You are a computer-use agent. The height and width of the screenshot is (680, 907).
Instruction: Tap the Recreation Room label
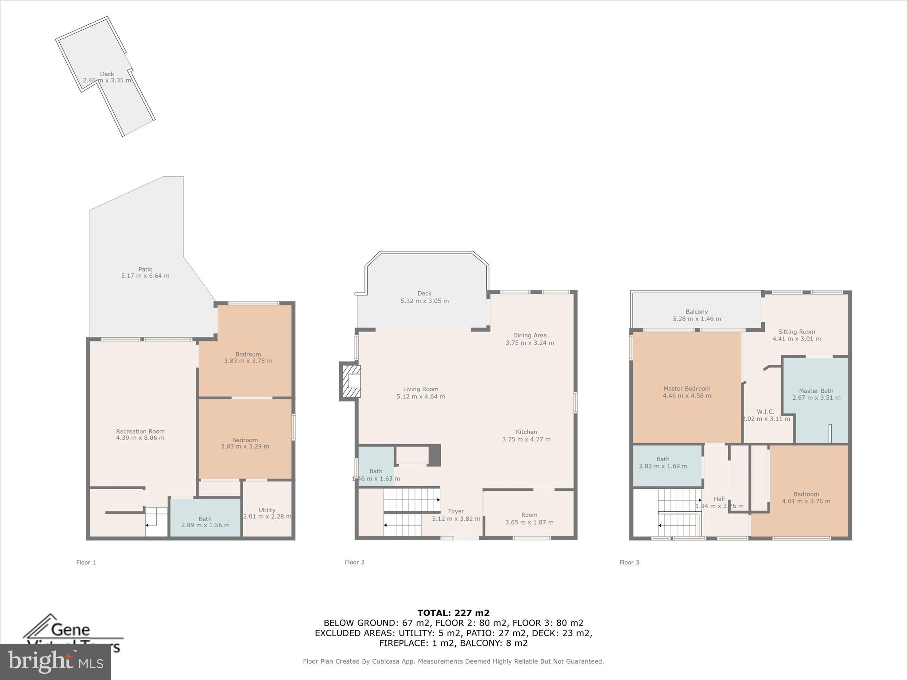click(x=140, y=431)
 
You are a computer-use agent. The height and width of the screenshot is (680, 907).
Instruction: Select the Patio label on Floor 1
click(x=145, y=269)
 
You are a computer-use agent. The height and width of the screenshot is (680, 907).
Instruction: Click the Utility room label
click(x=267, y=510)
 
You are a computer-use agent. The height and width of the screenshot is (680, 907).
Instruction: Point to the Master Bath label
click(x=816, y=390)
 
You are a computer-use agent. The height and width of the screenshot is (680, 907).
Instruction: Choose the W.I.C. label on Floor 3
click(x=765, y=412)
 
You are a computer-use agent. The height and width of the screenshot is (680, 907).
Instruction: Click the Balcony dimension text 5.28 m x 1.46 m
click(x=697, y=319)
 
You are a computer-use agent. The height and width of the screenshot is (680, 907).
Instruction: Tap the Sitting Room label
click(x=796, y=332)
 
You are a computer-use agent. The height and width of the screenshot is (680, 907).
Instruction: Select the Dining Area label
click(x=530, y=335)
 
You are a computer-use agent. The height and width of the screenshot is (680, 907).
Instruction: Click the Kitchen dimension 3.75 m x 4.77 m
click(x=526, y=439)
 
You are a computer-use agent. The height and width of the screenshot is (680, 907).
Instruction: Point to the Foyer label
click(x=456, y=511)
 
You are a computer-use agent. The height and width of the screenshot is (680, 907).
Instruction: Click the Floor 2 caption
click(x=355, y=562)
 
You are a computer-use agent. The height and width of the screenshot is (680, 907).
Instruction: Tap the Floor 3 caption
click(x=629, y=562)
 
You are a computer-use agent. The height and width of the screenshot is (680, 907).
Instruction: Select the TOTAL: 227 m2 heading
click(x=453, y=613)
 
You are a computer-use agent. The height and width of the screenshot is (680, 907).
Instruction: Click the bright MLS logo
click(x=55, y=661)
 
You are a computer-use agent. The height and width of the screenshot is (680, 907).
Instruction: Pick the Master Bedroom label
click(x=686, y=388)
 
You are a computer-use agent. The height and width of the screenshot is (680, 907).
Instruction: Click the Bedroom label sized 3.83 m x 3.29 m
click(x=245, y=440)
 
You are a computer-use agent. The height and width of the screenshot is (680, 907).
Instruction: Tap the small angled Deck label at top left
click(x=107, y=74)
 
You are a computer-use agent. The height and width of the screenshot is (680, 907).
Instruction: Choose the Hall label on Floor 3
click(x=719, y=499)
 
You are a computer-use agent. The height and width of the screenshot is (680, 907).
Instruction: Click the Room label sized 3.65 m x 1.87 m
click(x=529, y=515)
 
